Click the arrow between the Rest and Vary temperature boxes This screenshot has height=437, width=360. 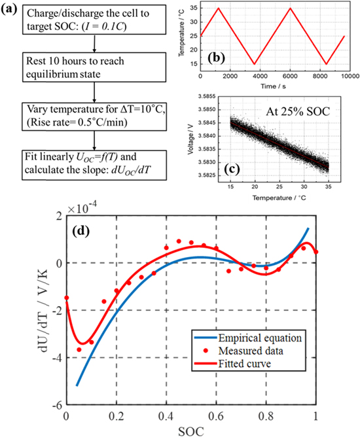click(x=95, y=91)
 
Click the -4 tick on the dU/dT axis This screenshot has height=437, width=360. click(x=56, y=357)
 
